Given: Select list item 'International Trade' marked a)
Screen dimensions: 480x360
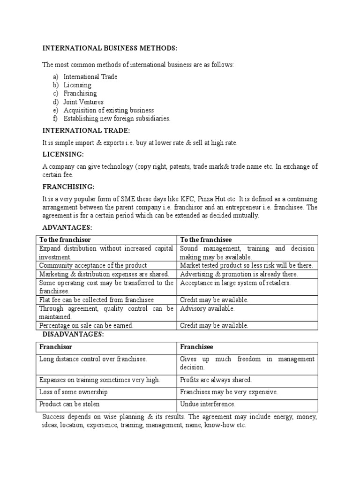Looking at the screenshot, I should click(x=90, y=77).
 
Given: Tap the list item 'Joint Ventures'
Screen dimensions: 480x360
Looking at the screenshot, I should click(x=83, y=102).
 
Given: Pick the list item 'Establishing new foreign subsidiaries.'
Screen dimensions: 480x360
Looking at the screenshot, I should click(x=117, y=119).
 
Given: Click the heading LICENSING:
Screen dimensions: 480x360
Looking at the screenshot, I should click(x=63, y=154).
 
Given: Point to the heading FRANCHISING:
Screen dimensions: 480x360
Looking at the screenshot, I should click(x=68, y=186).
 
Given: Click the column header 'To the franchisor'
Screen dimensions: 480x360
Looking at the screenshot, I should click(x=65, y=240).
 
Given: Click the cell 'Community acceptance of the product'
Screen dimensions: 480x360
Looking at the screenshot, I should click(x=93, y=265).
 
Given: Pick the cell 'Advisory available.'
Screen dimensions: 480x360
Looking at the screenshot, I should click(x=207, y=308).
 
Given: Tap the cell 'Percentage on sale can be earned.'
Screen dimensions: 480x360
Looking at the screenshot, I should click(x=86, y=325).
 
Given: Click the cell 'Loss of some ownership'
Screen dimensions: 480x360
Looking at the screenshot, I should click(x=73, y=392).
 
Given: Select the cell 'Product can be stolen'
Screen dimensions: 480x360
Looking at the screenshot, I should click(x=69, y=404).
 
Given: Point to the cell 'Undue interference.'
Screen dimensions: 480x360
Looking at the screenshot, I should click(x=208, y=404).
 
